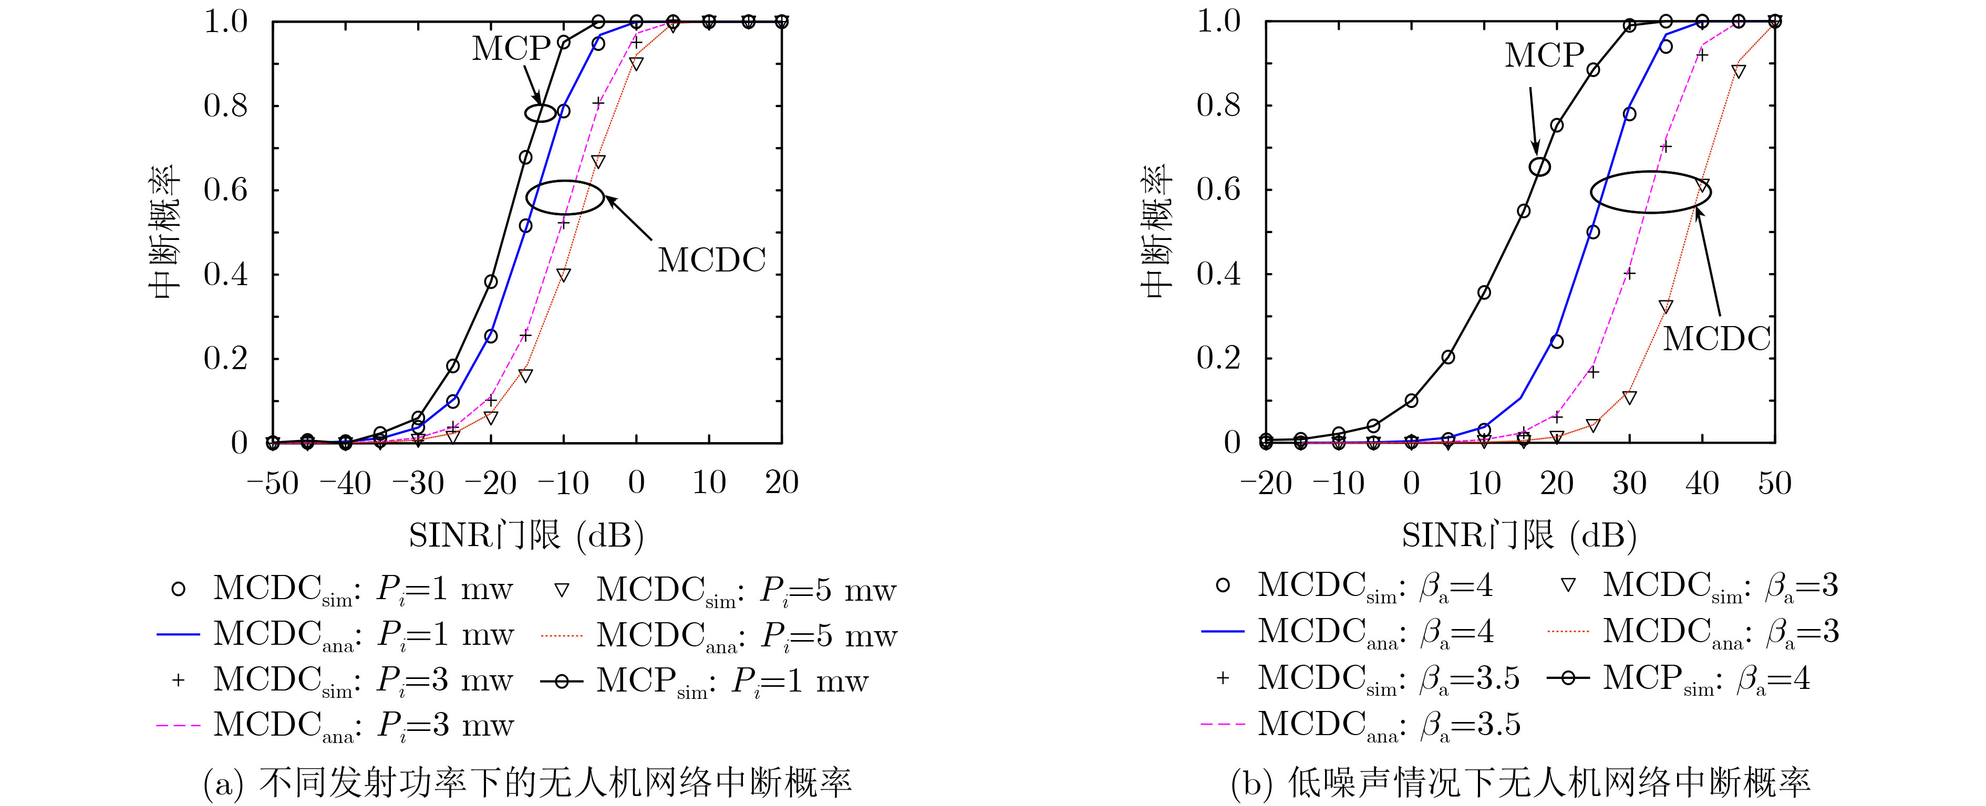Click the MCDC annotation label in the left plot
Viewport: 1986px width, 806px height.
[711, 260]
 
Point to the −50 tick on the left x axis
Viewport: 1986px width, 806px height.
[272, 483]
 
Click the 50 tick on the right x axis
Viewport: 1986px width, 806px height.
[1774, 483]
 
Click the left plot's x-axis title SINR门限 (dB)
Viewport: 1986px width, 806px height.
[526, 535]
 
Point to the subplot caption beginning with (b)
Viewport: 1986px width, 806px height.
[1520, 783]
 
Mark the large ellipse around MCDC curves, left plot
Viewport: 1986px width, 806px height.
[566, 197]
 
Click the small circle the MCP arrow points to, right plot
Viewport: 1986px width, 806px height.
[1539, 166]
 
